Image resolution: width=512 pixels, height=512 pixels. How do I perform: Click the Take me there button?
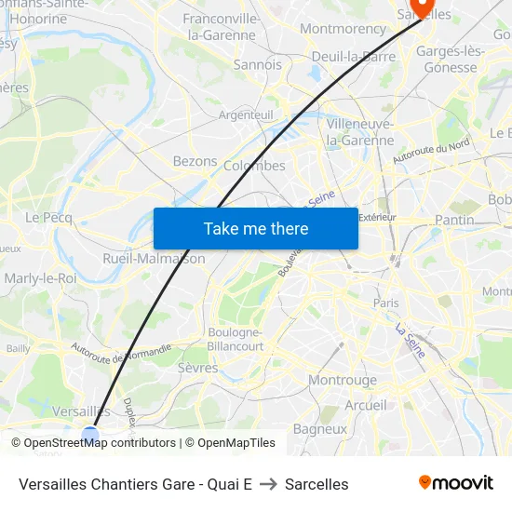pos(256,228)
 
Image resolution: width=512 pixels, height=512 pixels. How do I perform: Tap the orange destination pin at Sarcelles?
pos(422,7)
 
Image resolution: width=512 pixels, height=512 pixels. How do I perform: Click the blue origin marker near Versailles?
pos(90,434)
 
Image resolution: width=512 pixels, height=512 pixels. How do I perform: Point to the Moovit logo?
pos(456,482)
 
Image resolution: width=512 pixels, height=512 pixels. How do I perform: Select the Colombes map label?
pos(254,166)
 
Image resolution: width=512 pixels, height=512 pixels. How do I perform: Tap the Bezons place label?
pos(195,161)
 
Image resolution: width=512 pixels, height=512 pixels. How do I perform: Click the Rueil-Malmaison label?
pos(154,259)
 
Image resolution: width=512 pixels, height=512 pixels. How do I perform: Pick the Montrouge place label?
pos(343,380)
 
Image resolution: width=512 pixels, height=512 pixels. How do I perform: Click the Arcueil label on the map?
pos(366,405)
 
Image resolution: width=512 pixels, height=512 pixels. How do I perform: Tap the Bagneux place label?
pos(319,429)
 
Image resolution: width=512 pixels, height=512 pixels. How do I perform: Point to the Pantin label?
pos(454,220)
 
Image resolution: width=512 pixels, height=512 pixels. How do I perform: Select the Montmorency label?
pos(343,29)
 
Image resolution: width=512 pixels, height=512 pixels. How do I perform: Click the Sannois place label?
pos(257,65)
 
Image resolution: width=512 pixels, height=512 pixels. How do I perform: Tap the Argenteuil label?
pos(246,115)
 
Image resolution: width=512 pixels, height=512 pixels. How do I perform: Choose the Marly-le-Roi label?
pos(40,278)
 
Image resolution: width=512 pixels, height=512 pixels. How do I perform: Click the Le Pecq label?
pos(48,217)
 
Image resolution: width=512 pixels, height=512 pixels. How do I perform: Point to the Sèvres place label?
pos(197,368)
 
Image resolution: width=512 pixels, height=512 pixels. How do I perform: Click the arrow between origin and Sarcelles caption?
pos(268,484)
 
